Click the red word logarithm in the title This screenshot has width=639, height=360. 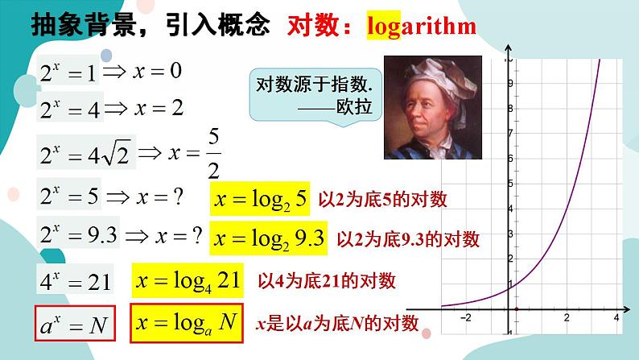click(421, 26)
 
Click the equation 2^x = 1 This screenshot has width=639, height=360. click(68, 74)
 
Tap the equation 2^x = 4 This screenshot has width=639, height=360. click(70, 108)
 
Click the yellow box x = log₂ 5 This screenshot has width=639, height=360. click(259, 199)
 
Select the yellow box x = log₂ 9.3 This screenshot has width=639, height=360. click(268, 238)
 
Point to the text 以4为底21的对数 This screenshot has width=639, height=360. click(327, 280)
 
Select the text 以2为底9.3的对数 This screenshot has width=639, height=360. click(406, 238)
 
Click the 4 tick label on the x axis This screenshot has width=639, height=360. click(615, 318)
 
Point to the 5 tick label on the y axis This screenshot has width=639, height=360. click(509, 183)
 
